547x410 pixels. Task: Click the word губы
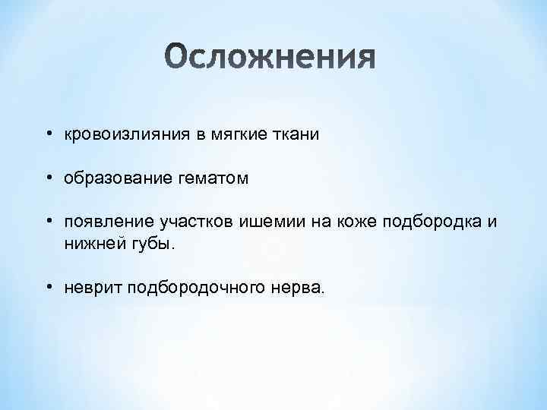pyautogui.click(x=151, y=244)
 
